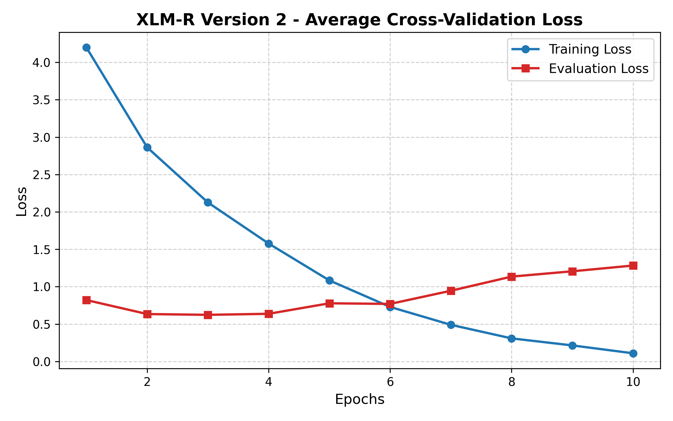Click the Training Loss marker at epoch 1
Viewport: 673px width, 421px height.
coord(87,47)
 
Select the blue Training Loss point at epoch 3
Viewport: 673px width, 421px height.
coord(208,202)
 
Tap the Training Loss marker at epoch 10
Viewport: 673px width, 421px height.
coord(633,353)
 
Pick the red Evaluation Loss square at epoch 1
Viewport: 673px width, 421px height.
coord(87,300)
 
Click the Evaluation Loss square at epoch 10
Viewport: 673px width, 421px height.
coord(633,266)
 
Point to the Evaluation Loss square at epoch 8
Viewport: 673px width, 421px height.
coord(511,277)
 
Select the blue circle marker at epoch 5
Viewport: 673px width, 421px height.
coord(329,280)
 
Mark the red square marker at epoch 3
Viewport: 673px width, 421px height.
coord(208,315)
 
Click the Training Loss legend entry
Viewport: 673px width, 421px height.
coord(590,49)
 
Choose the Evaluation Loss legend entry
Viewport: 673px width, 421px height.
coord(598,69)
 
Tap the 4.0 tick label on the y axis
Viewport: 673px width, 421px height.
coord(41,63)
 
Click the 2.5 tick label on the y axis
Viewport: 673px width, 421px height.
coord(41,175)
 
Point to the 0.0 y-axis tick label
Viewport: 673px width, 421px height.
coord(41,362)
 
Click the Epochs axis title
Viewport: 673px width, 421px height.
coord(359,399)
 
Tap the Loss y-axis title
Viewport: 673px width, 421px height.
coord(22,201)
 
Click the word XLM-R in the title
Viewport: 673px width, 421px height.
coord(165,20)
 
